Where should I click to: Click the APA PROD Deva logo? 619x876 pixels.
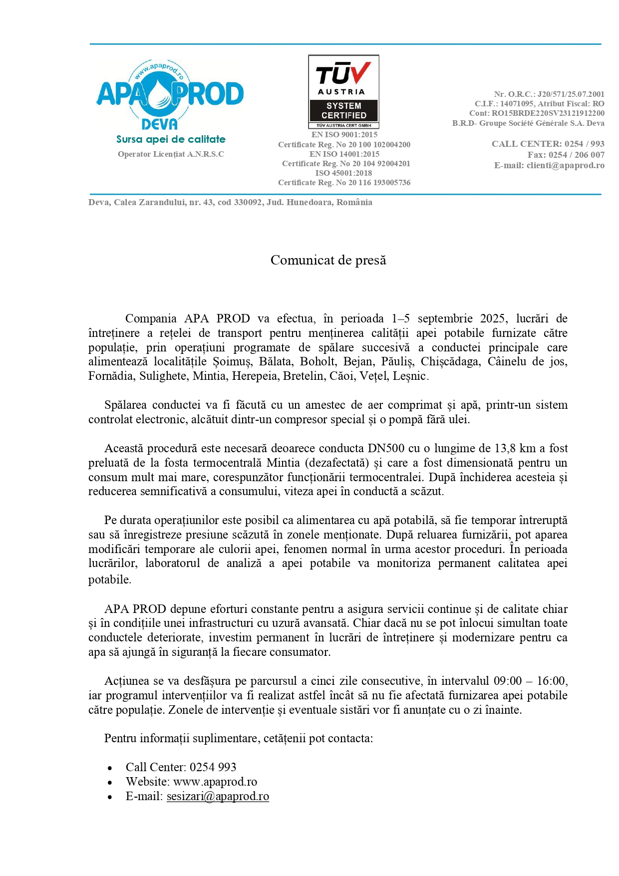[x=170, y=95]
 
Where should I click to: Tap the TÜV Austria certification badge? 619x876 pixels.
[x=344, y=91]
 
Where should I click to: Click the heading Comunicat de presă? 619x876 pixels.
[x=328, y=260]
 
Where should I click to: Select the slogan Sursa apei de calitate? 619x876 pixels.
[x=171, y=139]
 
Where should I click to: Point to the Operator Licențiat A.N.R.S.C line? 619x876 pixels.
[x=171, y=154]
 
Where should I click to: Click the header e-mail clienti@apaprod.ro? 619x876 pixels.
[x=565, y=165]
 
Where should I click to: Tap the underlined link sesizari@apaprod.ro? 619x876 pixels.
[x=218, y=796]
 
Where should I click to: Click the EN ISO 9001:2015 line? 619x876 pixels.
[x=344, y=135]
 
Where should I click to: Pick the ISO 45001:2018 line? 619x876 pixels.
[x=343, y=173]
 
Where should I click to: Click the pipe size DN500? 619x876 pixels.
[x=387, y=448]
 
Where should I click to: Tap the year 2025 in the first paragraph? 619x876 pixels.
[x=494, y=318]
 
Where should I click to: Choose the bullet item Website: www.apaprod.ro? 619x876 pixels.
[x=191, y=782]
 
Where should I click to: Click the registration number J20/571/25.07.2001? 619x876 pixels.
[x=571, y=94]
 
